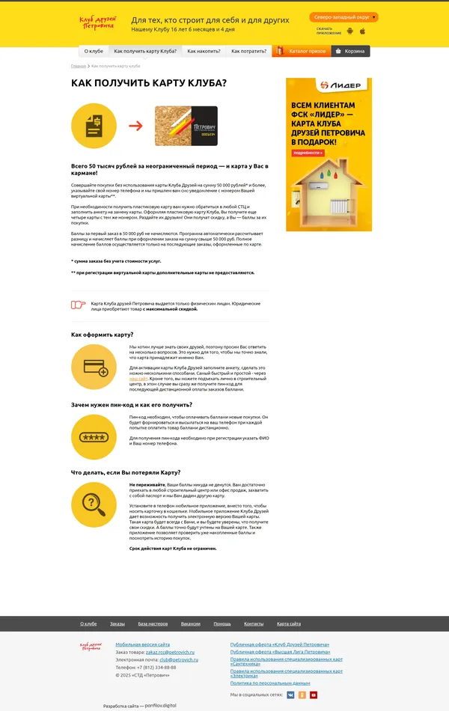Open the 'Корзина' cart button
[350, 51]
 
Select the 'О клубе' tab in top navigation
[94, 51]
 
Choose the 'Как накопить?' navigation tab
[204, 51]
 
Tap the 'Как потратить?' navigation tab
[248, 51]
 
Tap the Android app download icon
[349, 31]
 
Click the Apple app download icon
[362, 31]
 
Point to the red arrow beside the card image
[135, 125]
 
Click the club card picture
[186, 126]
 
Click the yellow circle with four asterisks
[94, 436]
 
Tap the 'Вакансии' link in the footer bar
[190, 623]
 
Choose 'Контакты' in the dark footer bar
[254, 623]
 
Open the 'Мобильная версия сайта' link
[142, 644]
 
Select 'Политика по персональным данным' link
[269, 683]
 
